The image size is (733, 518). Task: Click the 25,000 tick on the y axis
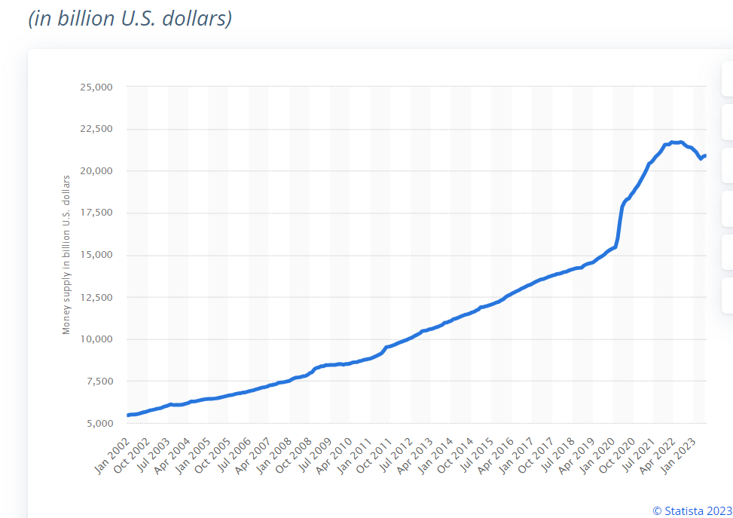click(96, 87)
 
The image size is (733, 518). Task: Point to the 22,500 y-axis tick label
click(96, 129)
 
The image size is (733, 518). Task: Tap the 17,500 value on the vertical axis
click(96, 213)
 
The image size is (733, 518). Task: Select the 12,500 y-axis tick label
click(96, 297)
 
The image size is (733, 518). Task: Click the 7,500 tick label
click(98, 382)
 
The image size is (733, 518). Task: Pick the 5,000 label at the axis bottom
click(98, 424)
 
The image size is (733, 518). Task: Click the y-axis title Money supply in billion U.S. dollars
click(66, 254)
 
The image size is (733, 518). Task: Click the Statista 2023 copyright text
click(692, 510)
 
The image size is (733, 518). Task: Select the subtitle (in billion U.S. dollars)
click(130, 18)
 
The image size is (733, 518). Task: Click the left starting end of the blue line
click(129, 415)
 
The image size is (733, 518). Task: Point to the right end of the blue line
click(704, 155)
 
